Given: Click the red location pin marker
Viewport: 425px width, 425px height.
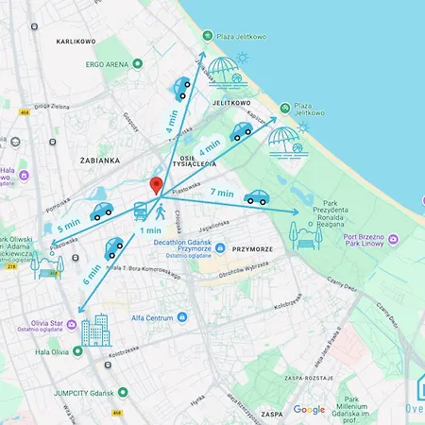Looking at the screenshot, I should coord(157,185).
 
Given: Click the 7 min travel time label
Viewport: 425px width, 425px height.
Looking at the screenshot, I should coord(222,193).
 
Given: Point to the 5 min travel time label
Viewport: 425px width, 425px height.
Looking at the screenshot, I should coord(69,228).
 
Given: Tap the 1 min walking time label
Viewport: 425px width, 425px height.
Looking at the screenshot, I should coord(149,229).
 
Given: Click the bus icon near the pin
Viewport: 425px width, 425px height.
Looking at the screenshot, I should coord(141,211).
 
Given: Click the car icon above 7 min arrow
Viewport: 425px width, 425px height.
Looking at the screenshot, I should coord(256,197).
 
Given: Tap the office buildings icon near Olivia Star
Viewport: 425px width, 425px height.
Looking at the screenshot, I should coord(95,331).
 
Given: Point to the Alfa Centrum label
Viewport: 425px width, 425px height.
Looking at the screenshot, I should coord(151,317).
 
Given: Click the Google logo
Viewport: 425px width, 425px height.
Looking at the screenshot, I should coord(309,410).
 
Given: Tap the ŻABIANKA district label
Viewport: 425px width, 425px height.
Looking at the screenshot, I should coord(99,161).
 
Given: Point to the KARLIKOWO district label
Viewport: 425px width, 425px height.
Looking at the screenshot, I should coord(77,42).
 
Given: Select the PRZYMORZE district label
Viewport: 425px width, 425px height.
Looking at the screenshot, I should coord(252,249).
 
